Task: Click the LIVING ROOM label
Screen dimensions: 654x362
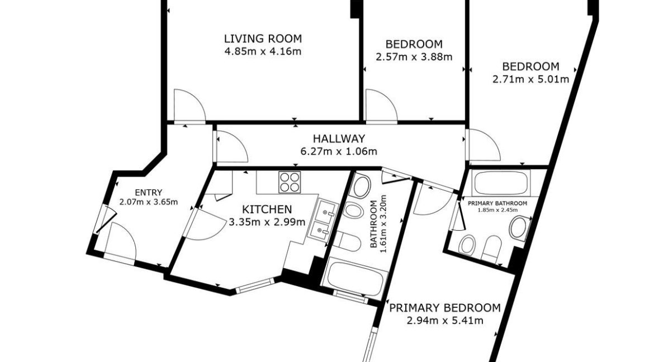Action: point(263,39)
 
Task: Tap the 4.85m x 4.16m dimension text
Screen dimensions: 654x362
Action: point(263,52)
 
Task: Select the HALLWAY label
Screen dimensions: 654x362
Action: point(339,139)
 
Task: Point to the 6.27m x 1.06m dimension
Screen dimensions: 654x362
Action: point(339,151)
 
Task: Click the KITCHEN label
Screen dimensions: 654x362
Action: point(267,209)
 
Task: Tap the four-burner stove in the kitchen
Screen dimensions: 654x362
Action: point(290,182)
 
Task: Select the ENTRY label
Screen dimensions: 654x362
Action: point(149,193)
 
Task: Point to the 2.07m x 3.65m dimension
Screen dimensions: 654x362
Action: point(149,202)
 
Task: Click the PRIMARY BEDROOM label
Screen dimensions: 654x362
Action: point(444,308)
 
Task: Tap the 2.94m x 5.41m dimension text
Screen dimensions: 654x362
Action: point(444,321)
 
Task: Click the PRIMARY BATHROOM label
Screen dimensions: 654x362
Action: point(497,203)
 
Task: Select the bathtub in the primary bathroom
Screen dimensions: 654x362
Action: point(500,183)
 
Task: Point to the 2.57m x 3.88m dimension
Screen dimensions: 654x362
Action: point(414,57)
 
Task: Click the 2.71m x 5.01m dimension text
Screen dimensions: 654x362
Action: point(530,79)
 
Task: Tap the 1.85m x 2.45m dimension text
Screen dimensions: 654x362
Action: point(497,210)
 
